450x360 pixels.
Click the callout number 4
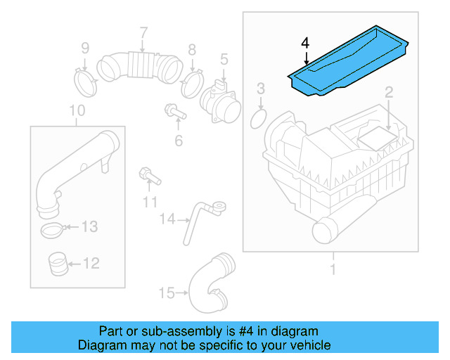tap(304, 44)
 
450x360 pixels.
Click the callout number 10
tap(77, 110)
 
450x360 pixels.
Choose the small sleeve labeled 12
tap(58, 264)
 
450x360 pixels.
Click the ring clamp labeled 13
tap(52, 229)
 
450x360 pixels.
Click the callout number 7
tap(143, 32)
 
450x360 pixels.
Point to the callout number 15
tap(166, 292)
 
